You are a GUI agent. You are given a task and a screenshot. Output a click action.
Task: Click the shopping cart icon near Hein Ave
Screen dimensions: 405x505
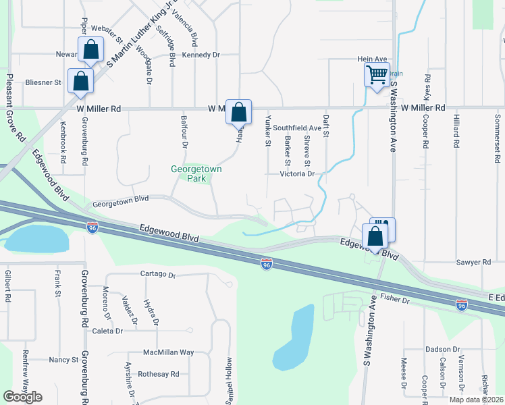376,74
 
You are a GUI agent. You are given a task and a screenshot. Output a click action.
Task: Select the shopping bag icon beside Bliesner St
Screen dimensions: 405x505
80,81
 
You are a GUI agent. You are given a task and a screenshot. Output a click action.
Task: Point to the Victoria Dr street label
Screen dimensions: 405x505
298,173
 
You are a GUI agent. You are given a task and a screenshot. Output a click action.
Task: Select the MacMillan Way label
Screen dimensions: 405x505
168,352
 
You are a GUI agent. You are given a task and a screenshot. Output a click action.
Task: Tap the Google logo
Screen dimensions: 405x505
22,396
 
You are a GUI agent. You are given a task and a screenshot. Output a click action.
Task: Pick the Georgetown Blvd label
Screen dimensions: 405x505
120,200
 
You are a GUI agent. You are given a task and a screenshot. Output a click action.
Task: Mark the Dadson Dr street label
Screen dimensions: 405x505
442,349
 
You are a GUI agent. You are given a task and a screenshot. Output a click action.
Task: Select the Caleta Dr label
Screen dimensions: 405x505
107,331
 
